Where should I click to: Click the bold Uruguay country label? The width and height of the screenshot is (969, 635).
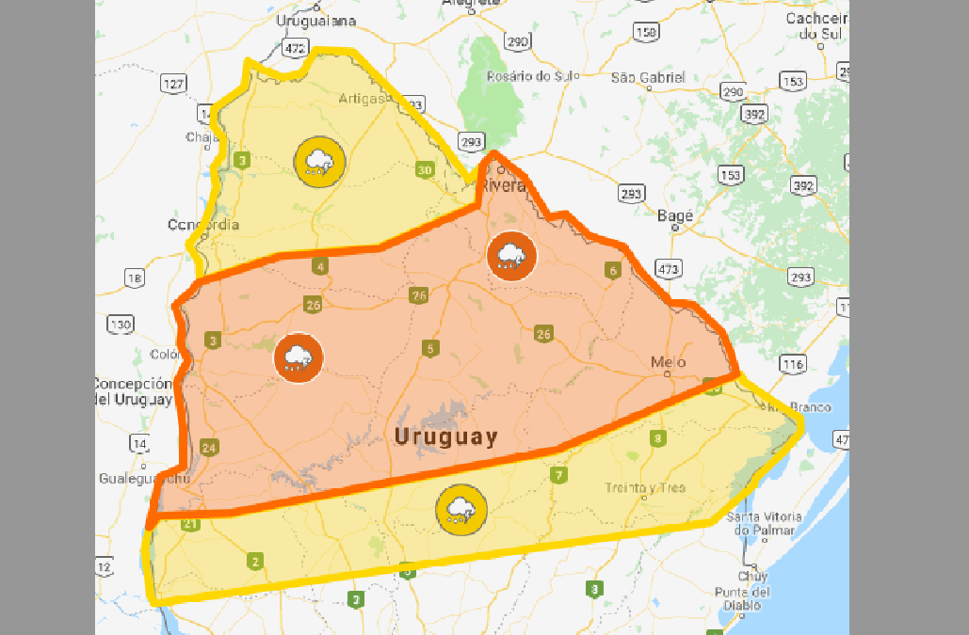(445, 437)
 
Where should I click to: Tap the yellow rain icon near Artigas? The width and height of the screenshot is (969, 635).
(319, 162)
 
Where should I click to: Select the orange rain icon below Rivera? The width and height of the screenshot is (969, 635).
(511, 255)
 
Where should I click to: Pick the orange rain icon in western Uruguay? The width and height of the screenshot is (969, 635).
(299, 358)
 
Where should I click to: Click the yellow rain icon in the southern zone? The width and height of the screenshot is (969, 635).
(460, 510)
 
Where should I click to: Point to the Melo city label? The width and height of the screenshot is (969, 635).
(669, 362)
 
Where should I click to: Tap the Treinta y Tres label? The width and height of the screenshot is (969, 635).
(645, 487)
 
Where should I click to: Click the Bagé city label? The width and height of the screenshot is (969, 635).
(675, 216)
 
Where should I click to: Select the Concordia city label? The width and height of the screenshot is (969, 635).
(203, 225)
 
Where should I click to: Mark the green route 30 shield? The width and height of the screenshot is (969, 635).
(425, 170)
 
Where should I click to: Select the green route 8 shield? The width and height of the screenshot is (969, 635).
(657, 438)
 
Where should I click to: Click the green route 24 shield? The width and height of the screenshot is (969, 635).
(209, 447)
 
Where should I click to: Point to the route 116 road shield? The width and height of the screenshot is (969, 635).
(792, 364)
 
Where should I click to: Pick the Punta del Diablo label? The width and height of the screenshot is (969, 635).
(742, 599)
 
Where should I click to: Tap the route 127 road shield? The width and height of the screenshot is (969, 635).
(173, 85)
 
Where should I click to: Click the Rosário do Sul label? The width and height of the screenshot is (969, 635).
(524, 76)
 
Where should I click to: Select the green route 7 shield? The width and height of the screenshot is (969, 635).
(559, 476)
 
